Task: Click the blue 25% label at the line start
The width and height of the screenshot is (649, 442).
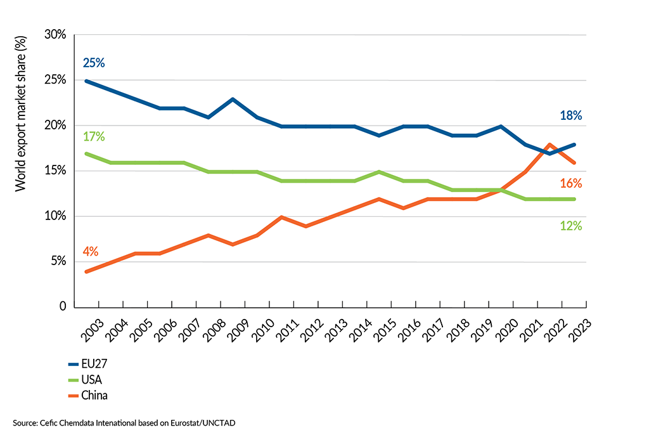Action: pyautogui.click(x=93, y=63)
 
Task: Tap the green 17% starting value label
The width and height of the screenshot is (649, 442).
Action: pyautogui.click(x=93, y=136)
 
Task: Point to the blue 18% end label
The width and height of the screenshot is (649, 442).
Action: pyautogui.click(x=570, y=115)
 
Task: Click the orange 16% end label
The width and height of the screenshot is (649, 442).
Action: pyautogui.click(x=570, y=183)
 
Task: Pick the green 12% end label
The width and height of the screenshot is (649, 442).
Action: pyautogui.click(x=570, y=225)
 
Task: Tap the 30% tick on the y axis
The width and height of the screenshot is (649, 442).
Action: pyautogui.click(x=55, y=35)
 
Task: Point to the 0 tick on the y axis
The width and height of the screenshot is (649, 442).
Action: pyautogui.click(x=61, y=307)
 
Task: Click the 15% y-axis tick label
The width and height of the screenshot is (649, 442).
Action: pyautogui.click(x=55, y=171)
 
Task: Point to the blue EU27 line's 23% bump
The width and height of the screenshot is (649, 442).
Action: pyautogui.click(x=234, y=99)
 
